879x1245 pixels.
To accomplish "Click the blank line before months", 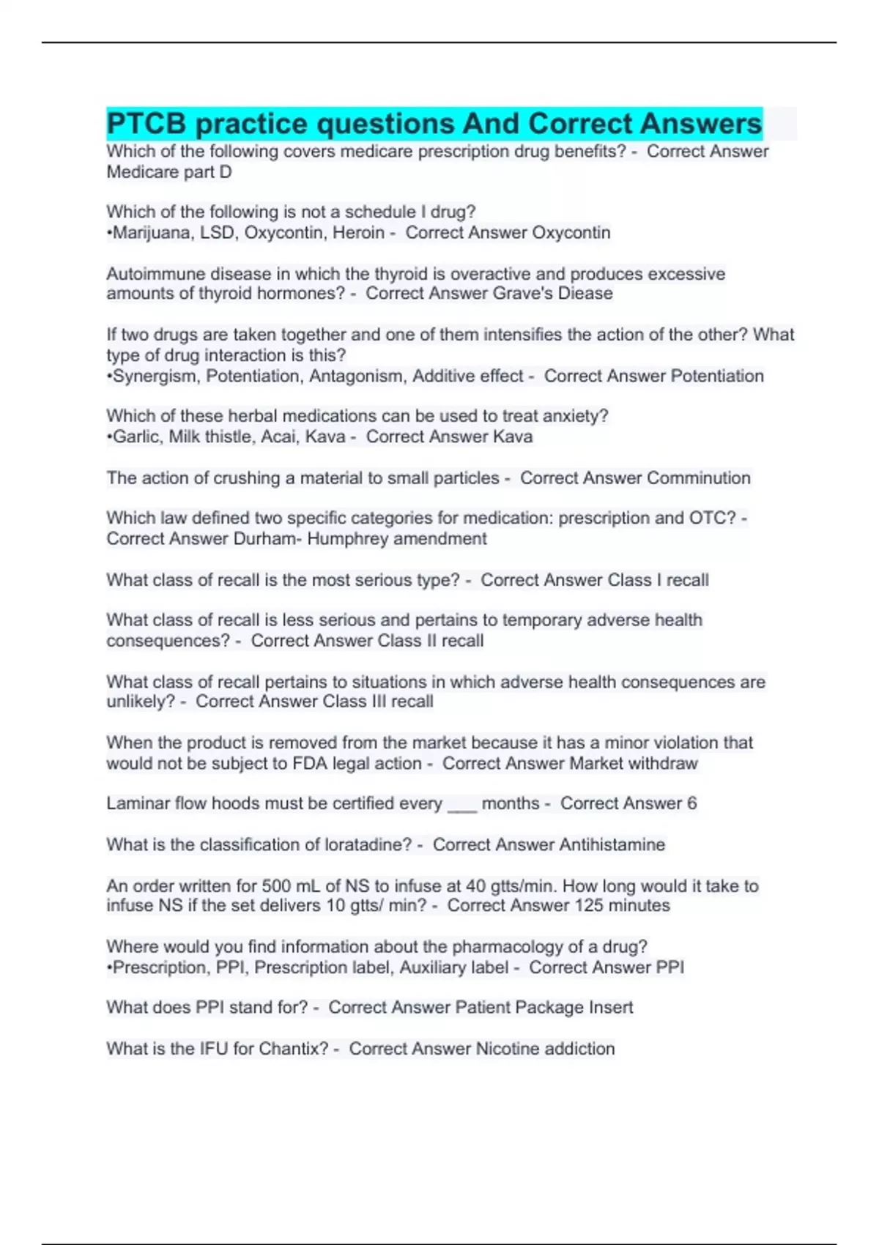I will click(x=461, y=805).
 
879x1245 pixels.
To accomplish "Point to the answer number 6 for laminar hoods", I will click(x=691, y=804).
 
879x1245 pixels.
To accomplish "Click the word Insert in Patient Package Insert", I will click(x=611, y=1008).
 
